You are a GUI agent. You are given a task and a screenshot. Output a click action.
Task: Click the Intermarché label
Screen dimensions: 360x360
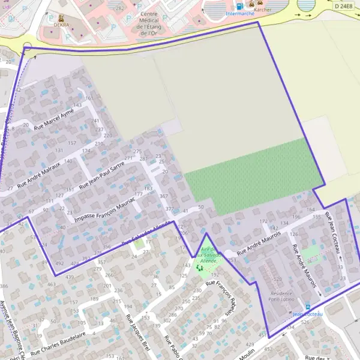[240, 13]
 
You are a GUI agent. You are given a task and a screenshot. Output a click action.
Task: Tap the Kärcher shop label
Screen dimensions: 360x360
[263, 10]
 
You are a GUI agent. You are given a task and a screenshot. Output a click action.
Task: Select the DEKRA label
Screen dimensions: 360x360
[61, 25]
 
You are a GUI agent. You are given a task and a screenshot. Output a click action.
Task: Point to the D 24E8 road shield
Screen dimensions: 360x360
[344, 5]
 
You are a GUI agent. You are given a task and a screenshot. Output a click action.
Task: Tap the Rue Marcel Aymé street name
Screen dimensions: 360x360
[53, 119]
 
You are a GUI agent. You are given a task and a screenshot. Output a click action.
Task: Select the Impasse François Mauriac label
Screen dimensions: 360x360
[103, 209]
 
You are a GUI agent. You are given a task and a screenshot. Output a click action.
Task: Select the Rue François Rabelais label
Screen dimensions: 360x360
[223, 298]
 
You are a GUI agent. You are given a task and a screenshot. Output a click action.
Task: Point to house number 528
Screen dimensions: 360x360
[277, 280]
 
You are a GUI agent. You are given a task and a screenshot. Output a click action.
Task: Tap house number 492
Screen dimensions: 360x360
[59, 263]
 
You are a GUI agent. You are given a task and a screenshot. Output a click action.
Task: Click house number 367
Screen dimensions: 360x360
[164, 196]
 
